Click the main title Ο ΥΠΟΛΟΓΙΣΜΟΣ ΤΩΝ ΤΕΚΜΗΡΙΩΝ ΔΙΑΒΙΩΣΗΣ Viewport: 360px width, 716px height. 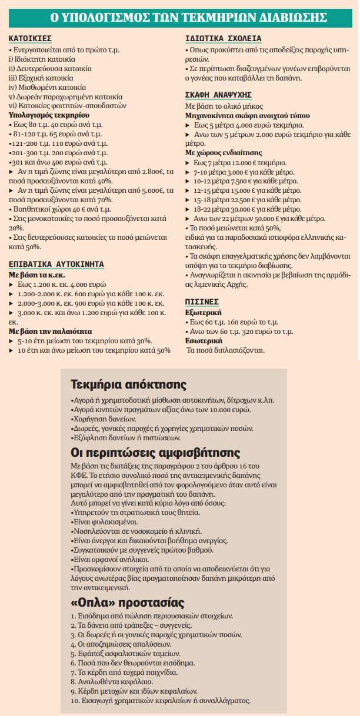(x=179, y=17)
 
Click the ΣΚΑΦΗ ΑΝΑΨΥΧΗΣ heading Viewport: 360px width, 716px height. (x=218, y=94)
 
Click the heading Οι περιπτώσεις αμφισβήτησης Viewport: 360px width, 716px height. (x=155, y=453)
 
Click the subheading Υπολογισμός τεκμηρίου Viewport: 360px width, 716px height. (x=48, y=115)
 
